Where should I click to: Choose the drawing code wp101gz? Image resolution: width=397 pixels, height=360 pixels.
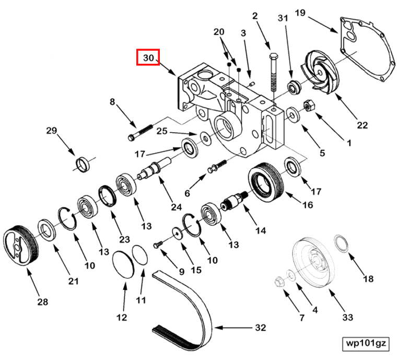tap(366, 343)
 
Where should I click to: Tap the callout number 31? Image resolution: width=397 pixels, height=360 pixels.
tap(283, 18)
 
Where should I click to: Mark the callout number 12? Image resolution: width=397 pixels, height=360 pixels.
tap(121, 318)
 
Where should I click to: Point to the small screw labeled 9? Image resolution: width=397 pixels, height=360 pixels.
tap(158, 244)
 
